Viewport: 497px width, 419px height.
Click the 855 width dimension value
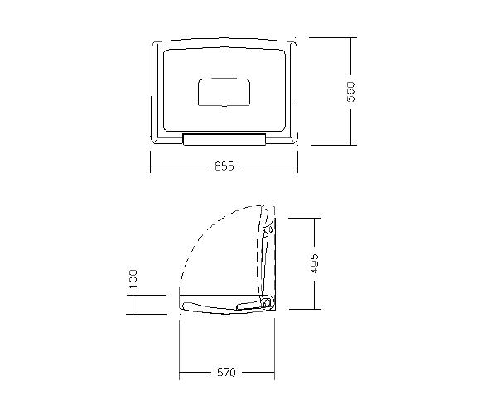(224, 166)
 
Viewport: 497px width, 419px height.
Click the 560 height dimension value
(351, 92)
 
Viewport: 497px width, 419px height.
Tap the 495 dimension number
(314, 263)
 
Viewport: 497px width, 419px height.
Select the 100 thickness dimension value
(133, 279)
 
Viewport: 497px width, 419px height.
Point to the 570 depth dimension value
(227, 373)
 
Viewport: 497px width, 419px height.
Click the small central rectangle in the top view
(224, 92)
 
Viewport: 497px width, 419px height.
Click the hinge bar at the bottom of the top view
(224, 139)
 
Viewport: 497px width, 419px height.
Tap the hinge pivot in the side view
(266, 302)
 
